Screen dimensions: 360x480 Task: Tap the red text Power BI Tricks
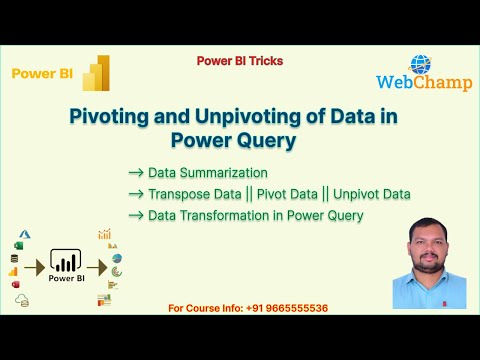(240, 61)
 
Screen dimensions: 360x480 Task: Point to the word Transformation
(214, 215)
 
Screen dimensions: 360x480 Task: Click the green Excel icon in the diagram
(17, 245)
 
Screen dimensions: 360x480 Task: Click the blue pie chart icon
(117, 259)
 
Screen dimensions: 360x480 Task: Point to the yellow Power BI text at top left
(41, 73)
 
